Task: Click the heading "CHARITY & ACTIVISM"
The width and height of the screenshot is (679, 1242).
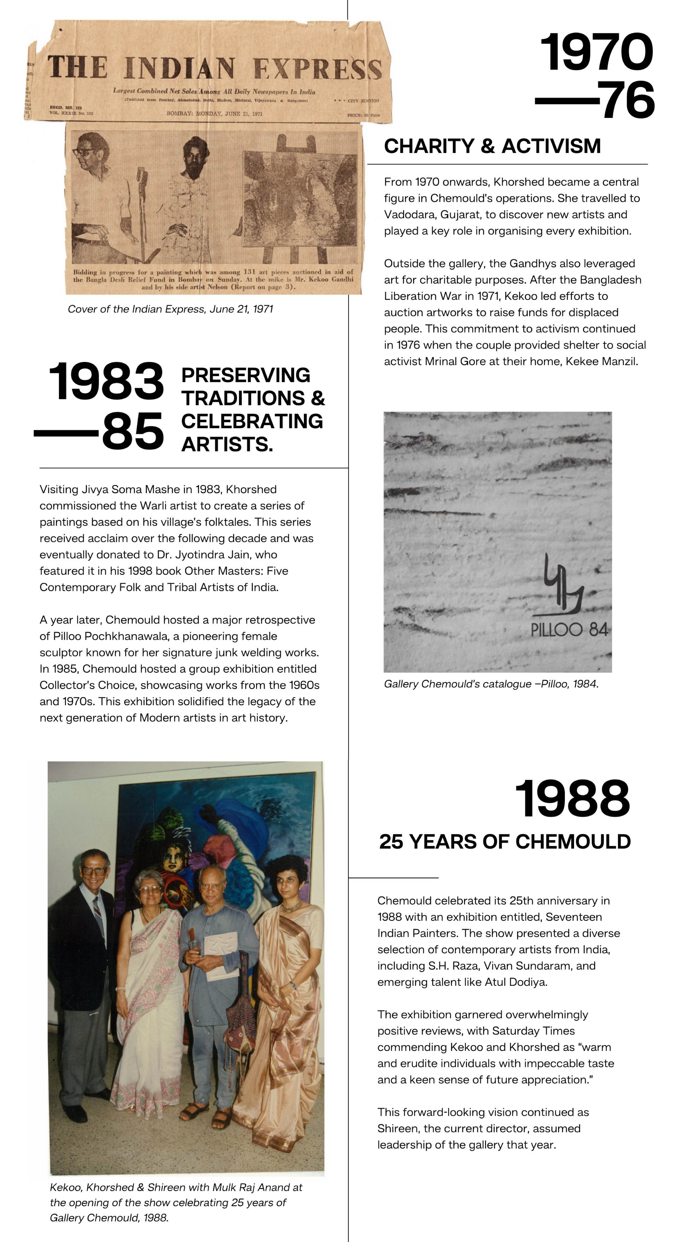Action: tap(492, 146)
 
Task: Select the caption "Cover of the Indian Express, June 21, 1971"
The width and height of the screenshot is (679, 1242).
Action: tap(170, 309)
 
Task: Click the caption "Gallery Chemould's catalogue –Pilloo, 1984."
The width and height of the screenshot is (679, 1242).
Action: tap(491, 684)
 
